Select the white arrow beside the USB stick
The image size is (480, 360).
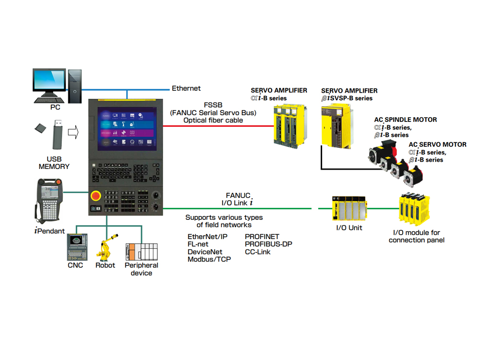pos(73,132)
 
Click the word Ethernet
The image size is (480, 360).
pos(186,88)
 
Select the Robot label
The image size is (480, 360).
pos(105,265)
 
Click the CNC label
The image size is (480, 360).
pos(75,265)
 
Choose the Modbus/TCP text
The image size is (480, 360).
pos(209,259)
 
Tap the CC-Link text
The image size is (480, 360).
pos(258,252)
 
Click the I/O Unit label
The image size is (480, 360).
pos(349,228)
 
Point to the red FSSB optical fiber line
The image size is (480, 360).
pos(216,126)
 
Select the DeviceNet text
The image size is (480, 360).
pos(205,252)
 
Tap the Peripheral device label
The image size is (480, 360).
pos(141,269)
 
